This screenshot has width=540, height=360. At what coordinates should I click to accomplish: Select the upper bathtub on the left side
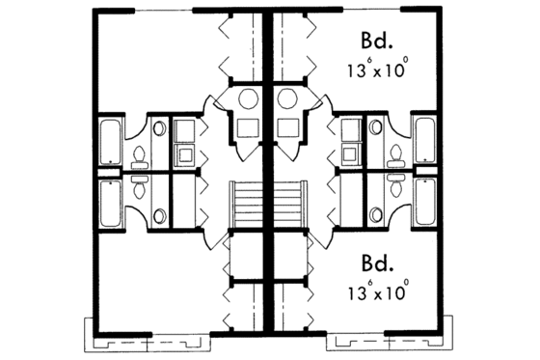click(110, 140)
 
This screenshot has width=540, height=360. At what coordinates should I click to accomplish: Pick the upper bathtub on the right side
click(423, 140)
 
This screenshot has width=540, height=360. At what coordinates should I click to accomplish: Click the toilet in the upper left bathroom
click(138, 154)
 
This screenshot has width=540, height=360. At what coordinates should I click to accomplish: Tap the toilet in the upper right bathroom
click(395, 154)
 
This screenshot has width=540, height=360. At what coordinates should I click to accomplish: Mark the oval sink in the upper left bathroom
click(159, 126)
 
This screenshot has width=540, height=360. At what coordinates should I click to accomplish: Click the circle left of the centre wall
click(245, 98)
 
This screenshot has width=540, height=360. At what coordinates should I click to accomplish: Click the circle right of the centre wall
click(288, 98)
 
